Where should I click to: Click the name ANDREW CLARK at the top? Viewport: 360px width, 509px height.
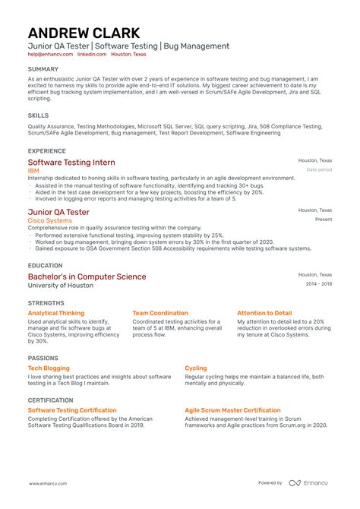84,33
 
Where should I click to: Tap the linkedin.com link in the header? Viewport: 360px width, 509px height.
91,55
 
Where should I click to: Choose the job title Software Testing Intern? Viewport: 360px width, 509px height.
71,163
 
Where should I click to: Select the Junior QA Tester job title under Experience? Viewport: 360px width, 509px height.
58,212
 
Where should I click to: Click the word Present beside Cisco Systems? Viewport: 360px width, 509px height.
324,219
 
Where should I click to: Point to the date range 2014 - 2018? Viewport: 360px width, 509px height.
319,283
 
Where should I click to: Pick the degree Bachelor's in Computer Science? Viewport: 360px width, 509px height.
87,277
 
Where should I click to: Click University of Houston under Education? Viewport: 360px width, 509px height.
61,286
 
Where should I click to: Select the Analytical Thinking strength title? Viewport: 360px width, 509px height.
56,312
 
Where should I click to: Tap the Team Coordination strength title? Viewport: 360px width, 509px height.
160,312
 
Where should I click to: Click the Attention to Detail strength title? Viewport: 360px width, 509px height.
264,312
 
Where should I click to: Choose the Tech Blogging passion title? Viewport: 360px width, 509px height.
49,368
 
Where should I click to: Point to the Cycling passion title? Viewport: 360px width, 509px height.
195,368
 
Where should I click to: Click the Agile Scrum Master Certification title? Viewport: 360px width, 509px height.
232,409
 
